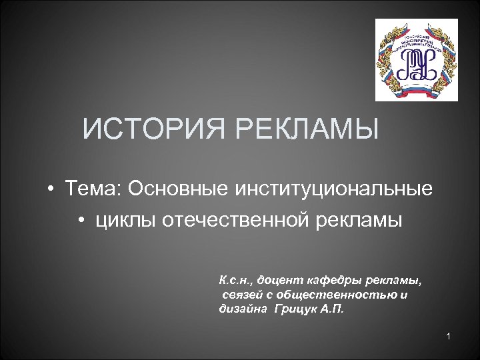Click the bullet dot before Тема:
pyautogui.click(x=51, y=189)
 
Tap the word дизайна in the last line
pyautogui.click(x=239, y=309)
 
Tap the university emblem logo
pyautogui.click(x=416, y=59)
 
